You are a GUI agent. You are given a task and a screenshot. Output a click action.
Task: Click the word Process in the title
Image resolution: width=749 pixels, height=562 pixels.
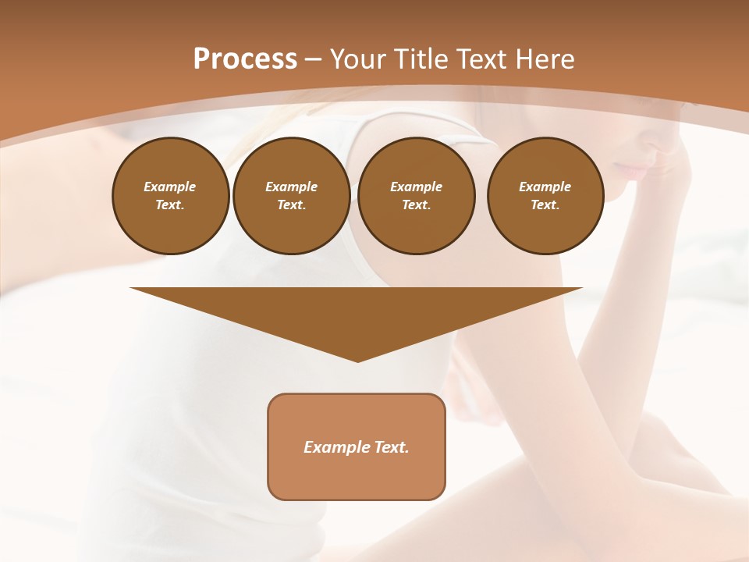[x=245, y=59]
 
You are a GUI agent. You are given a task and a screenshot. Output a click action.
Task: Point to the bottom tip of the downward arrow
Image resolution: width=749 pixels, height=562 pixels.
[x=357, y=361]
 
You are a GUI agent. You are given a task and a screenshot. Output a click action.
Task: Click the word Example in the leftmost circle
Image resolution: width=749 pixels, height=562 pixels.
[x=170, y=187]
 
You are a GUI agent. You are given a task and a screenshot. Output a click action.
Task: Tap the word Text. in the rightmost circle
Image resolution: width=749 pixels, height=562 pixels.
[x=545, y=205]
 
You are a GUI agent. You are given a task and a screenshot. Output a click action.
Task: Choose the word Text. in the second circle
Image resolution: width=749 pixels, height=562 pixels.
[x=292, y=205]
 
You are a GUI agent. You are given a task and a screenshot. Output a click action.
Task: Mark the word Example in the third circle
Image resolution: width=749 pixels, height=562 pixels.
[x=417, y=187]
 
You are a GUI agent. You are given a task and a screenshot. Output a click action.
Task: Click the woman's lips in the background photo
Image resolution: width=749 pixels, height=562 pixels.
[x=634, y=169]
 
